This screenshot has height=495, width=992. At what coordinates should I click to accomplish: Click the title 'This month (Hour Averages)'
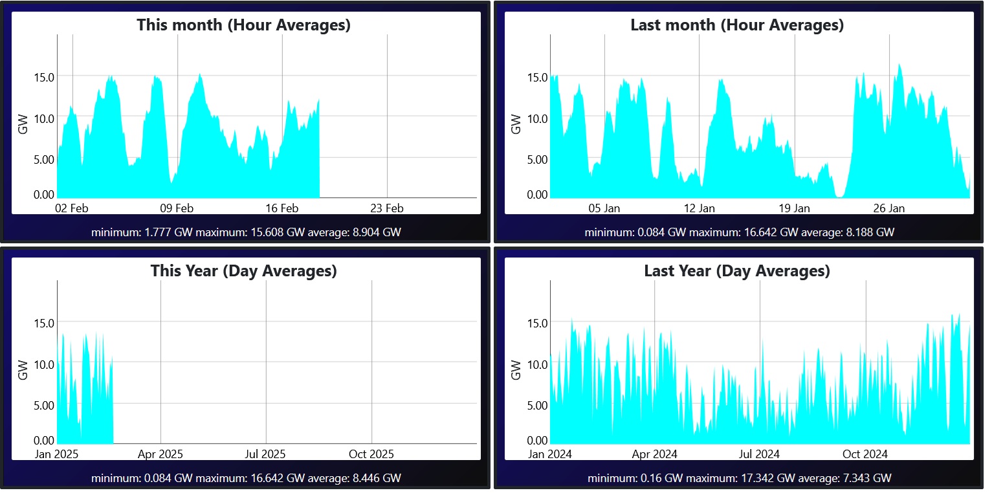(x=243, y=25)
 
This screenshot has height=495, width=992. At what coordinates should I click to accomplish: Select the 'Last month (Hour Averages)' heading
(x=737, y=25)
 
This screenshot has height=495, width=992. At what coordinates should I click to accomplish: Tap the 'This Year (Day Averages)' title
(x=243, y=270)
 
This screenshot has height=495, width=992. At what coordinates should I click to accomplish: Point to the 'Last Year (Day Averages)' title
(x=737, y=270)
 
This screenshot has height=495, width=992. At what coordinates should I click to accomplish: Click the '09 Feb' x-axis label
(x=177, y=208)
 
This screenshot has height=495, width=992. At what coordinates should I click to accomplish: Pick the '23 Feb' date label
(x=386, y=208)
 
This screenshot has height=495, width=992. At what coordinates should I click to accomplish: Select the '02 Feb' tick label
(x=71, y=208)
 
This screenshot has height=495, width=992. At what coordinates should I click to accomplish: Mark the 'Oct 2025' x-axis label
(x=371, y=454)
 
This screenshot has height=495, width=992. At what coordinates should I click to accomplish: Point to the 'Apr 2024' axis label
(x=654, y=454)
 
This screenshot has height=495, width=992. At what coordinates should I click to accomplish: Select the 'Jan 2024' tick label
(x=550, y=454)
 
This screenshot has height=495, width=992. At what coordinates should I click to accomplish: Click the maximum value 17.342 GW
(x=759, y=479)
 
